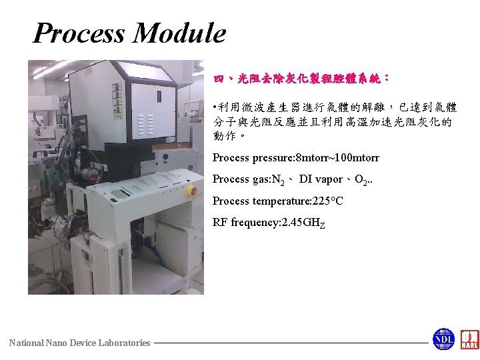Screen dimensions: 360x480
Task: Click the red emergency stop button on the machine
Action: click(x=193, y=191)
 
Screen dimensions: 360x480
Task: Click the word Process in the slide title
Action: click(x=78, y=33)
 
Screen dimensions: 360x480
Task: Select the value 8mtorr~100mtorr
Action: click(x=338, y=158)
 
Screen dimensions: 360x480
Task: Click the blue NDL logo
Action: click(x=443, y=339)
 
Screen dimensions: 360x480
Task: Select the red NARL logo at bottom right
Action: click(x=469, y=339)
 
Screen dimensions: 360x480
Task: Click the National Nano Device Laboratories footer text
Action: click(x=79, y=343)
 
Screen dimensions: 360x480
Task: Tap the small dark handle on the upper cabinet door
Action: click(x=159, y=97)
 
